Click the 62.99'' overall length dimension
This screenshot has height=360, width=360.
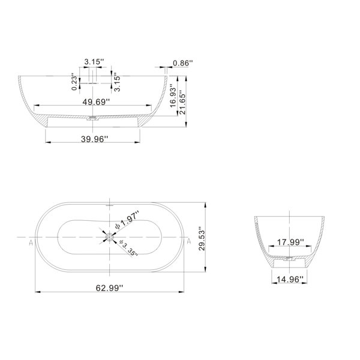[109, 288]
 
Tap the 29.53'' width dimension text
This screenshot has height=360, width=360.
[202, 239]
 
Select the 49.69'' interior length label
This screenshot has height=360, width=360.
[96, 102]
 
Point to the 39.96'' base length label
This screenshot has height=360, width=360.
[94, 139]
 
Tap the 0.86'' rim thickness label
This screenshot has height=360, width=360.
[183, 63]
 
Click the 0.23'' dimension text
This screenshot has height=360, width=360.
[74, 82]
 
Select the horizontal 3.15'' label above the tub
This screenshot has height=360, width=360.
[94, 62]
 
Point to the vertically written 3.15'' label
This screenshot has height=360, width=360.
[117, 82]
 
